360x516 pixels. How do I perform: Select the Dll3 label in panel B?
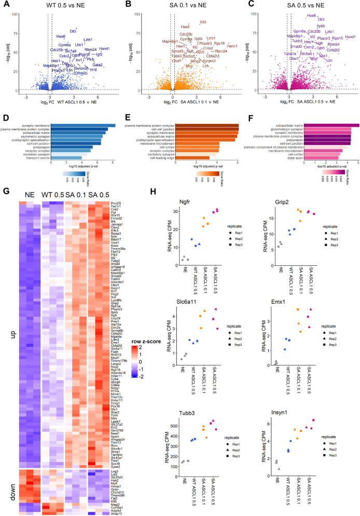[x=203, y=22]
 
